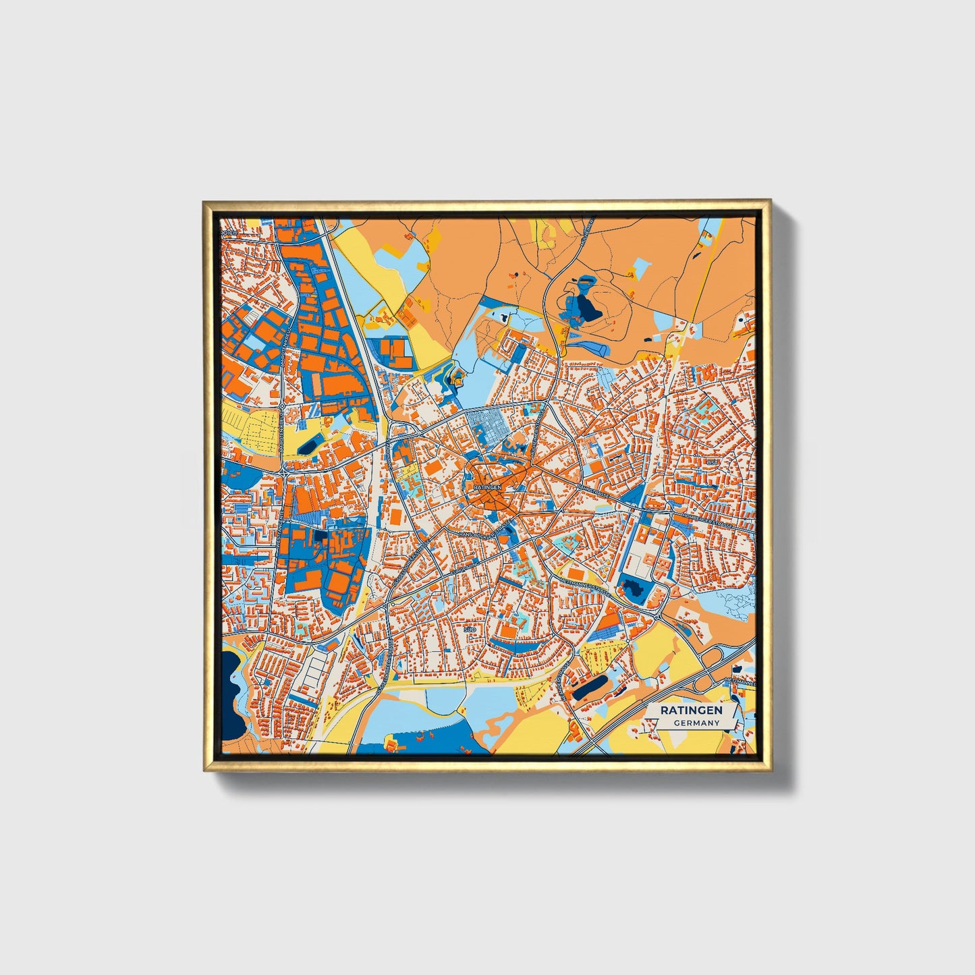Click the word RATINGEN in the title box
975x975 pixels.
(691, 710)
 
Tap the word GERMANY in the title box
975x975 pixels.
(696, 723)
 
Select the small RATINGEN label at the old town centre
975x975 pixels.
(487, 486)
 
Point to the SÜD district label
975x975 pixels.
(470, 630)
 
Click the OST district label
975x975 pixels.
(713, 462)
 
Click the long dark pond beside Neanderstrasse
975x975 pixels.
(590, 688)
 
